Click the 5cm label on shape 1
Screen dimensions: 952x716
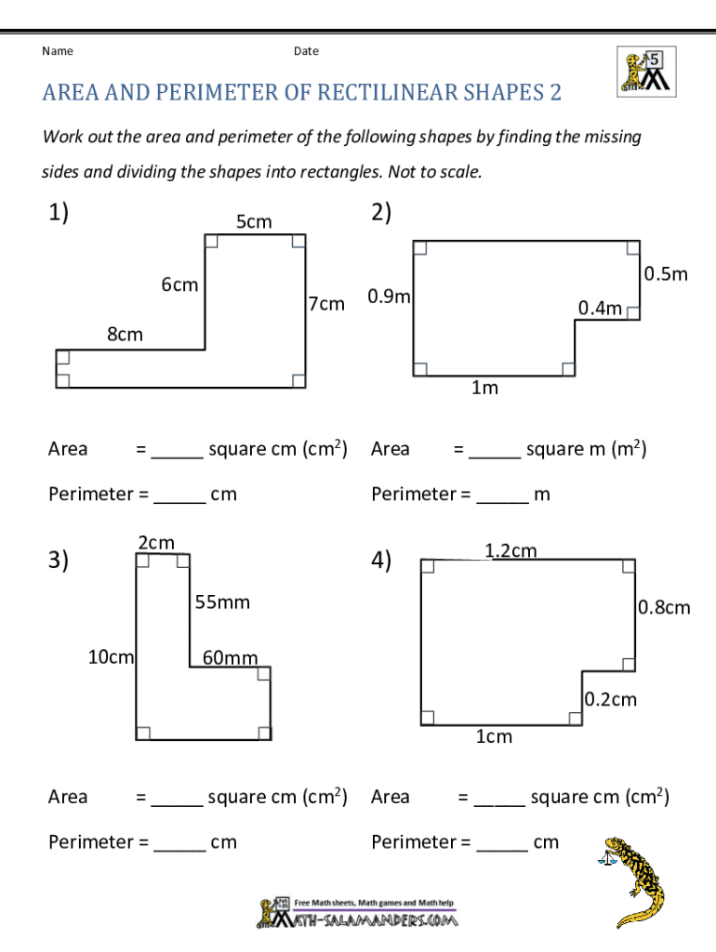[x=253, y=221]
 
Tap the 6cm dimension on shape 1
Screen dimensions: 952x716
[x=179, y=284]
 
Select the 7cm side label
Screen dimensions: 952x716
[x=326, y=304]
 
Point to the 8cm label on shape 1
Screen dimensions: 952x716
[x=125, y=334]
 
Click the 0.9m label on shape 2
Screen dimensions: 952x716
[x=390, y=297]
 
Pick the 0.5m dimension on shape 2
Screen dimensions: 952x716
[x=665, y=273]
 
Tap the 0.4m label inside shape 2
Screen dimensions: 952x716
[x=600, y=308]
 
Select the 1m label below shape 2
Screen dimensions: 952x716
[x=484, y=388]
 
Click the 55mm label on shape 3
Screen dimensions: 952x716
[x=222, y=602]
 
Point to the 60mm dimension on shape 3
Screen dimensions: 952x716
[x=230, y=658]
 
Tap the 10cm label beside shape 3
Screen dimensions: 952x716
[x=111, y=657]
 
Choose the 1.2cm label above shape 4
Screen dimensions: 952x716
[x=510, y=551]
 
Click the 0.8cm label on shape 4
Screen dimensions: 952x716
[x=664, y=607]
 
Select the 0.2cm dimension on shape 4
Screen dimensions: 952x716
[x=611, y=699]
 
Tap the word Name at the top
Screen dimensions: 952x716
[x=58, y=51]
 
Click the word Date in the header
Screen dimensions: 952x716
[x=306, y=51]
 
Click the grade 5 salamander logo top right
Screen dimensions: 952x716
[x=646, y=72]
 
